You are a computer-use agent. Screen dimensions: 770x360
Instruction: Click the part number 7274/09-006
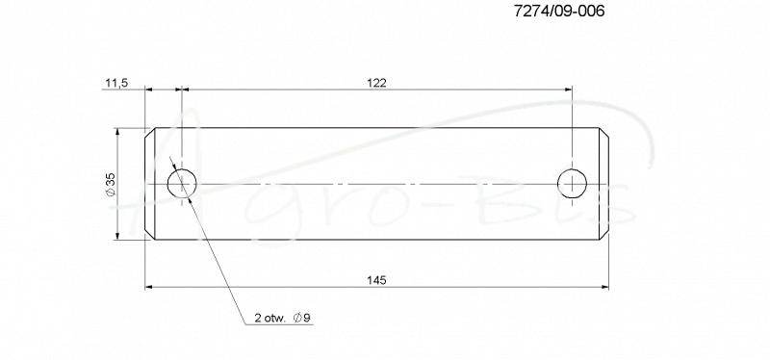click(559, 12)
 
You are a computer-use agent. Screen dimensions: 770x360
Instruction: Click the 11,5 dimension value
click(115, 83)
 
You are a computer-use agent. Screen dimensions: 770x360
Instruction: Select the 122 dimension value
click(376, 83)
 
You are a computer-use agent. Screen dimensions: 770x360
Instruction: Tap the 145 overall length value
click(376, 280)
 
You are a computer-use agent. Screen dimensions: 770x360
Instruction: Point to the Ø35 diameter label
click(111, 185)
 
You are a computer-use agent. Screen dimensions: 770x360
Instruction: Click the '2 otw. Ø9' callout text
click(282, 318)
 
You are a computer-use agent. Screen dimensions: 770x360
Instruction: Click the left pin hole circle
click(182, 169)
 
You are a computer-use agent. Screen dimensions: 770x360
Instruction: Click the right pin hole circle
click(572, 169)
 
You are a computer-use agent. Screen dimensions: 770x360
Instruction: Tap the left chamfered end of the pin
click(150, 184)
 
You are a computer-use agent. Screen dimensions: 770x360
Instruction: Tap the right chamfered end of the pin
click(603, 184)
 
